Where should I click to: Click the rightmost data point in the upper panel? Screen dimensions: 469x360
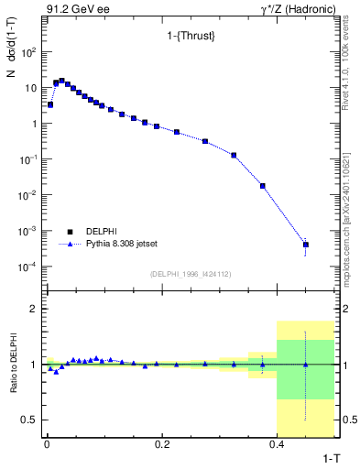tap(305, 245)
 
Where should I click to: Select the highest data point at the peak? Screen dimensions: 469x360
tap(61, 81)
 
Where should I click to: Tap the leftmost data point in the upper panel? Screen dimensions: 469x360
tap(50, 104)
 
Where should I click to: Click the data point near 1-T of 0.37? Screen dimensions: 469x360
tap(262, 186)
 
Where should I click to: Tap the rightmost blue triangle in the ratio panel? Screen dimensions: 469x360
tap(305, 365)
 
